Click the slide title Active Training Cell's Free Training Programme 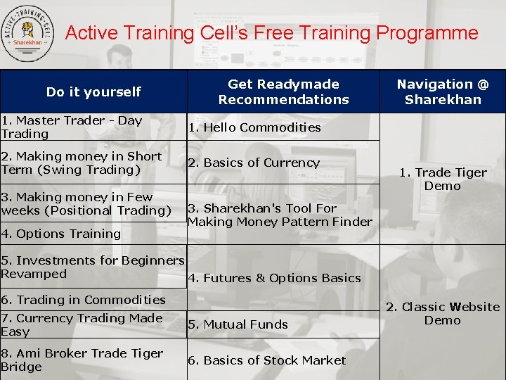(x=271, y=33)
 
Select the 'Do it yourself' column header (x=93, y=91)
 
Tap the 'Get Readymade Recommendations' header (x=283, y=91)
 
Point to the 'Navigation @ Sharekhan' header (x=442, y=91)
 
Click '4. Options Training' (x=61, y=234)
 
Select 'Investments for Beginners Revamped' (x=91, y=267)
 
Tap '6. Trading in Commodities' (x=83, y=300)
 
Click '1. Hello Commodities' (x=254, y=127)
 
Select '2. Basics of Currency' (x=253, y=163)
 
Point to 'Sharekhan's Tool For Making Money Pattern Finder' (x=280, y=215)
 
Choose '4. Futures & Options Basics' (x=274, y=278)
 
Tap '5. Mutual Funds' (x=238, y=324)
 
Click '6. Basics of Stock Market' (x=266, y=360)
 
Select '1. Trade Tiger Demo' (x=443, y=179)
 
